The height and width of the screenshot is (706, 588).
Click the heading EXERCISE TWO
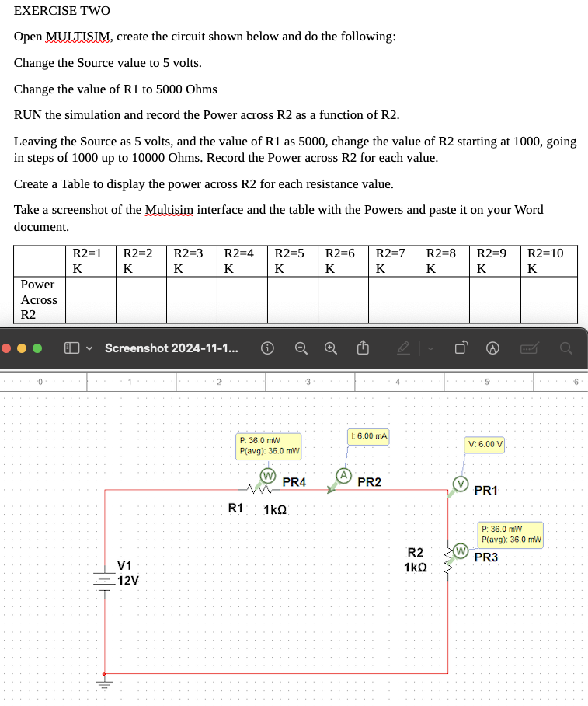click(62, 11)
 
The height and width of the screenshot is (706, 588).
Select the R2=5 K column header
click(293, 260)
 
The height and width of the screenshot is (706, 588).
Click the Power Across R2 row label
click(39, 299)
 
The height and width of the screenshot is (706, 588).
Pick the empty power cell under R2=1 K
click(91, 299)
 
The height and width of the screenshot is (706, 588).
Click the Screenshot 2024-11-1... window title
click(171, 348)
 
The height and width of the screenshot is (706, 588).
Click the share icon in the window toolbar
click(362, 348)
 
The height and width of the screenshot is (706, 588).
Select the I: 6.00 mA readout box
click(369, 436)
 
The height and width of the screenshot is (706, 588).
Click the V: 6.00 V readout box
click(485, 445)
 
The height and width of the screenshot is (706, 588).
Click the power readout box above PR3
click(511, 534)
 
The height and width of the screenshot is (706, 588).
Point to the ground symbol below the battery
click(104, 684)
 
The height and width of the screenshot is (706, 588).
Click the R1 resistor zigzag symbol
click(257, 490)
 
